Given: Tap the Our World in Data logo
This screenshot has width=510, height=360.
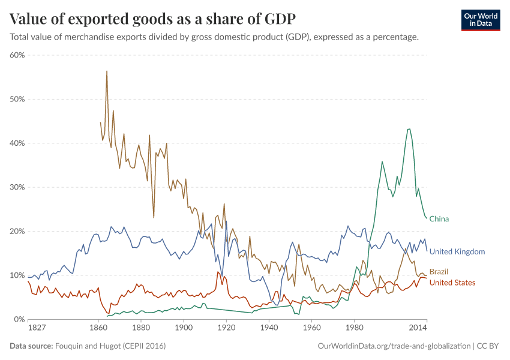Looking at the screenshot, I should [480, 20].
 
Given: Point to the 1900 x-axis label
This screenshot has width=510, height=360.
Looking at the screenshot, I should [184, 328].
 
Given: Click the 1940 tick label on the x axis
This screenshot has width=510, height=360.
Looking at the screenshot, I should [269, 328].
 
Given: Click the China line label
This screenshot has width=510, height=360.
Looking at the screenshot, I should [439, 219].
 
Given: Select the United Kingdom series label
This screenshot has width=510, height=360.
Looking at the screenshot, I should [457, 252].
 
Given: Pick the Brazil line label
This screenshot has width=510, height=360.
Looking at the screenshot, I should [439, 272].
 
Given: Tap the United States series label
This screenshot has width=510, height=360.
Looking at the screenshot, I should [452, 283].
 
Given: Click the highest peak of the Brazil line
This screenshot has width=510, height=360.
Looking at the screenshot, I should [107, 71].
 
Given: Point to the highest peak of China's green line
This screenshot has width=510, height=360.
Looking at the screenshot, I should [409, 129].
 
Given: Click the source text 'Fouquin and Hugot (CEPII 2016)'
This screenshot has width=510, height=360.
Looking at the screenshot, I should [110, 346].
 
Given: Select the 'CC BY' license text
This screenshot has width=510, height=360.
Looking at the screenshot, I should [488, 346].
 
